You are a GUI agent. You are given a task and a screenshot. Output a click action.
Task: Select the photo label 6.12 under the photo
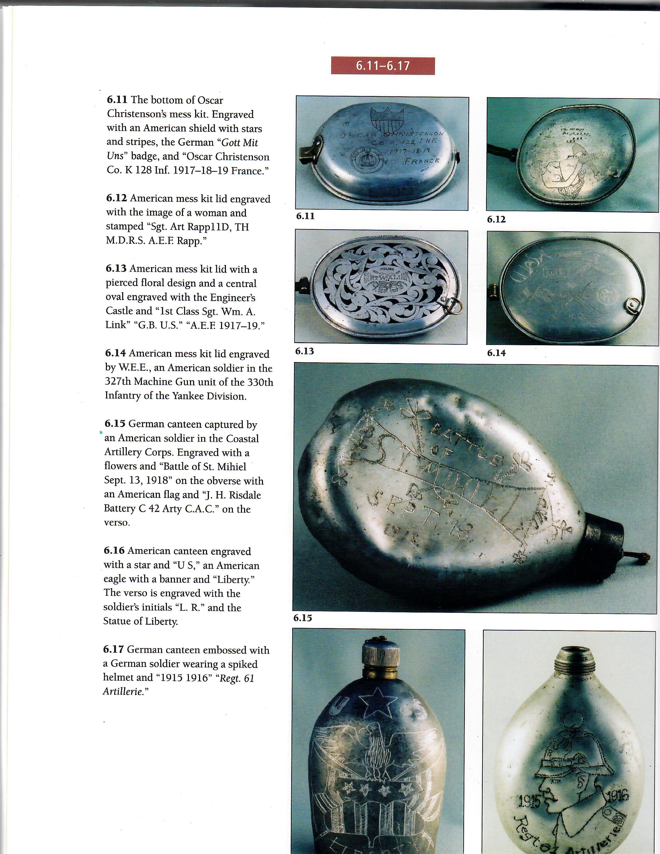pyautogui.click(x=496, y=219)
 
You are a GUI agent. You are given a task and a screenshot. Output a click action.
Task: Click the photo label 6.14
pyautogui.click(x=496, y=353)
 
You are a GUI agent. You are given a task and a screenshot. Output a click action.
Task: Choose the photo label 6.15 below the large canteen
pyautogui.click(x=303, y=618)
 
